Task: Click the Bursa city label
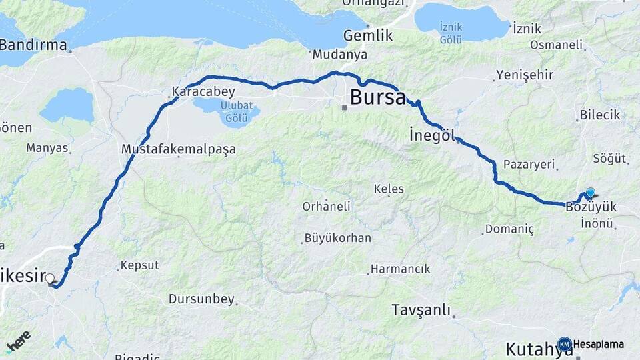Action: point(377,98)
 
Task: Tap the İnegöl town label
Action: point(432,136)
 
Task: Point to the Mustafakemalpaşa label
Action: point(179,149)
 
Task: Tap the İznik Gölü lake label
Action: point(451,33)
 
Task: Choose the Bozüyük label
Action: point(591,207)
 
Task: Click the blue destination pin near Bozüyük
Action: point(590,193)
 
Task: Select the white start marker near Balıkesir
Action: point(50,279)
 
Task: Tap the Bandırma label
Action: point(33,45)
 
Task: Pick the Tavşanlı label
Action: point(421,311)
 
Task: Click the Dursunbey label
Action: point(202,299)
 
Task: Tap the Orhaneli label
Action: point(326,207)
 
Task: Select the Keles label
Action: point(389,189)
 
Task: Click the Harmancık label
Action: point(401,269)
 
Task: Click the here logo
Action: point(18,341)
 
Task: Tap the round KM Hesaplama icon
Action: point(565,344)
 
